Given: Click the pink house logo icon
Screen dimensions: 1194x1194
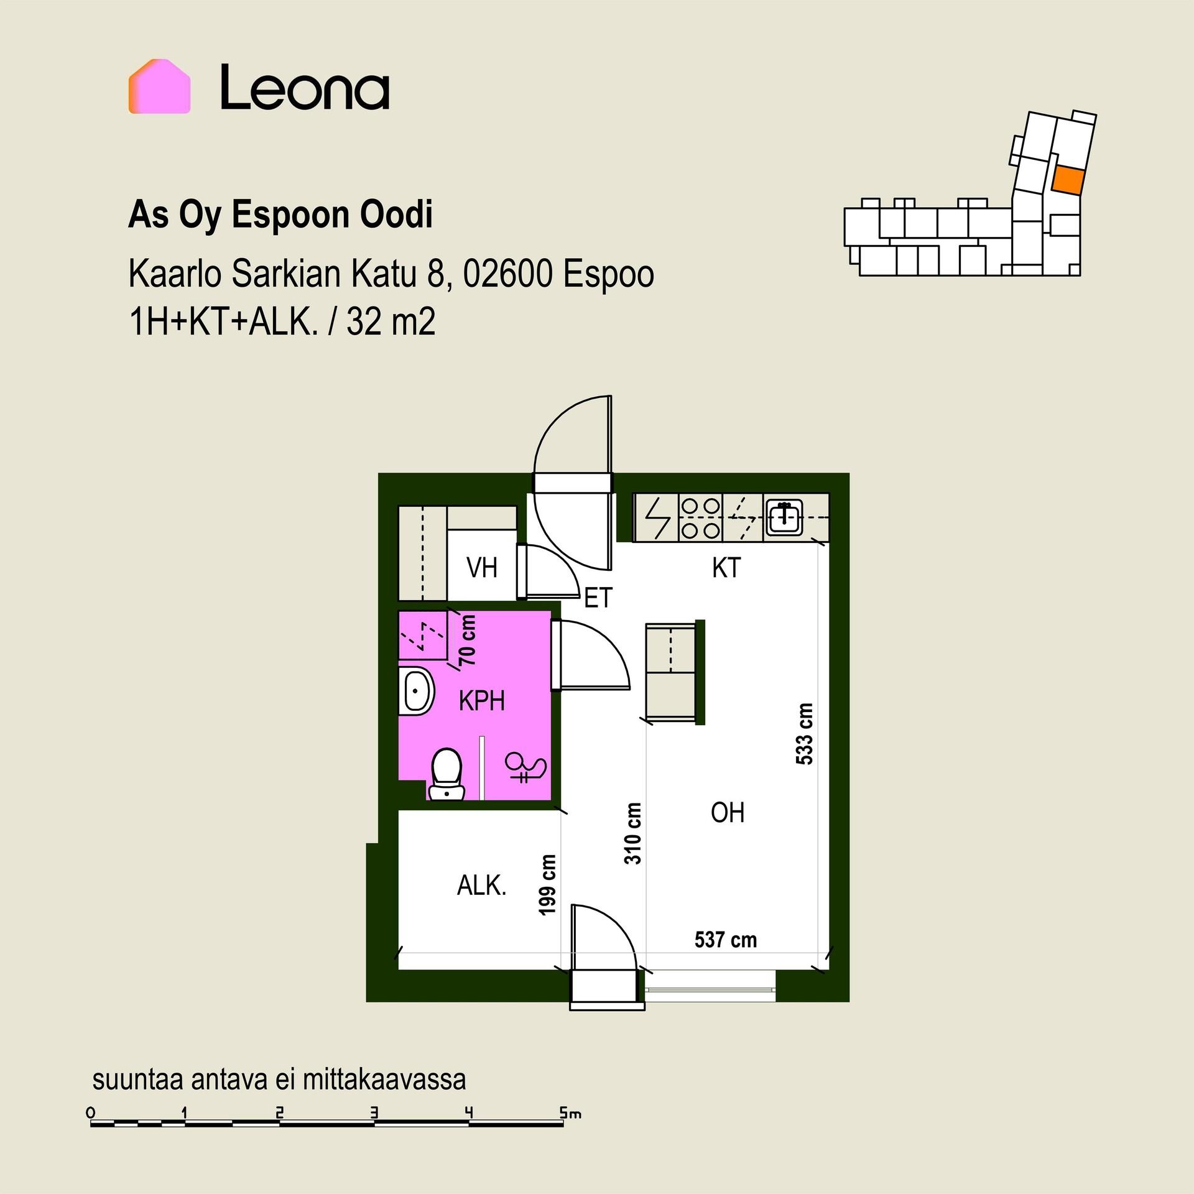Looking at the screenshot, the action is coord(159,86).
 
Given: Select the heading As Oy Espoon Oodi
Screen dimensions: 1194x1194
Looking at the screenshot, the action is coord(280,215).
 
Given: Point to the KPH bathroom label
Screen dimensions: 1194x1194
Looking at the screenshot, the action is coord(481,701).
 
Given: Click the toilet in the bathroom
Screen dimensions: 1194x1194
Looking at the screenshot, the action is coord(447,774).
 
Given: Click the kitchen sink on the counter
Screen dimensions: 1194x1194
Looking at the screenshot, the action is coord(784,517).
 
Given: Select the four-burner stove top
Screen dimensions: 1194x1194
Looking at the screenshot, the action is coord(701,518).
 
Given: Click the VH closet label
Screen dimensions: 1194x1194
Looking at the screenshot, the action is coord(482,568).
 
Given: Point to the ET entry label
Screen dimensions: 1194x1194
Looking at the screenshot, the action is coord(598,598).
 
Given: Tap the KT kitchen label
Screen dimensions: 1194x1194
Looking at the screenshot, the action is coord(726,568).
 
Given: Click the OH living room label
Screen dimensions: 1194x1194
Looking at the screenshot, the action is coord(728,812).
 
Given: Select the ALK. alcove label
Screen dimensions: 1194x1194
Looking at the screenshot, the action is coord(482,885).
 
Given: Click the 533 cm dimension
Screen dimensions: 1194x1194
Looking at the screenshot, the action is coord(804,734).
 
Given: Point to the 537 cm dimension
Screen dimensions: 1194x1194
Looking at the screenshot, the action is coord(726,940).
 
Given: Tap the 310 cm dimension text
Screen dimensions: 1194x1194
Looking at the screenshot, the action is coord(632,833).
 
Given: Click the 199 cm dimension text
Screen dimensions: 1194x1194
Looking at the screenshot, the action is coord(547,885).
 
